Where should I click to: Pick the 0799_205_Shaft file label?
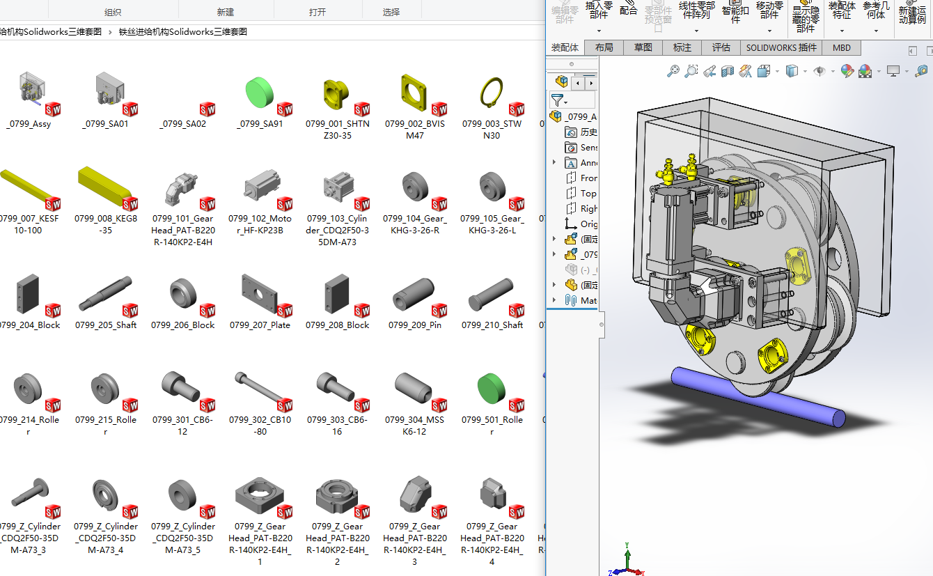(106, 325)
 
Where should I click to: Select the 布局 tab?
(604, 47)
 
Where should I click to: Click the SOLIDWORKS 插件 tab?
(781, 47)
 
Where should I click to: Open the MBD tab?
(841, 47)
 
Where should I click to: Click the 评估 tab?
(721, 47)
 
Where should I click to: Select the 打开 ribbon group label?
(317, 12)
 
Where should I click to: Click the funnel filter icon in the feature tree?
(557, 100)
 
